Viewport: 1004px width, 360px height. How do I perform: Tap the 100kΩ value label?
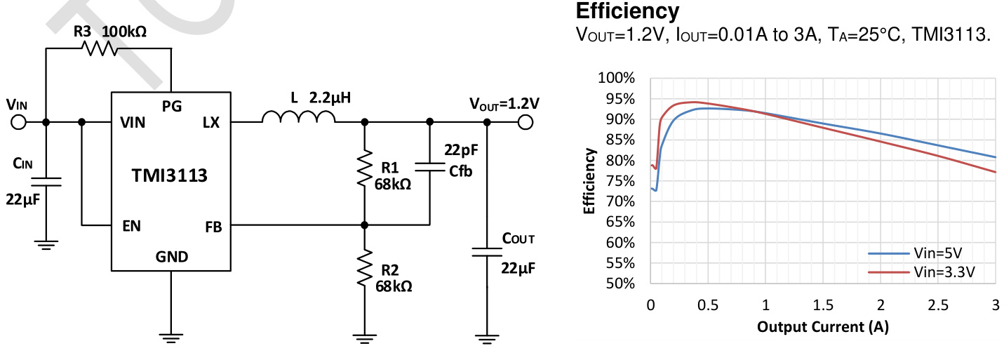tap(125, 32)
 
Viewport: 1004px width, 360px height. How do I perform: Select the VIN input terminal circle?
tap(19, 122)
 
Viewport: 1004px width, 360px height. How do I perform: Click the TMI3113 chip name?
tap(170, 175)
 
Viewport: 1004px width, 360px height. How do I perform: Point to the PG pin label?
tap(172, 106)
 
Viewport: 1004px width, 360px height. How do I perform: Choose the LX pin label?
tap(211, 123)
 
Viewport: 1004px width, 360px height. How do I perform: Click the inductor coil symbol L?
tap(298, 117)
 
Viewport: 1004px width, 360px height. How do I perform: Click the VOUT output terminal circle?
tap(524, 122)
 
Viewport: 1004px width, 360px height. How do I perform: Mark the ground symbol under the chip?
tap(170, 338)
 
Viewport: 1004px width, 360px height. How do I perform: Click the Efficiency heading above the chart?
tap(627, 12)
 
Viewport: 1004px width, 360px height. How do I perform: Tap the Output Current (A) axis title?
tap(822, 328)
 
